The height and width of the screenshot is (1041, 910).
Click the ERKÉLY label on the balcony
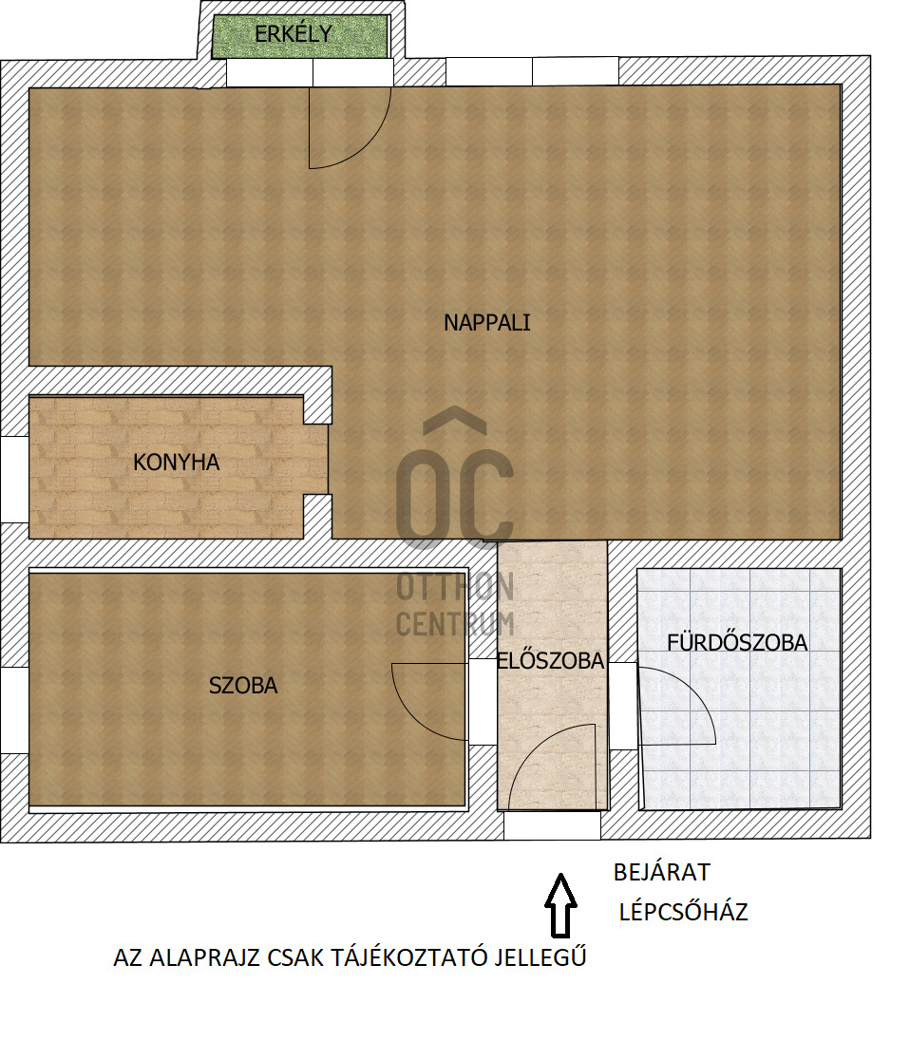coord(294,34)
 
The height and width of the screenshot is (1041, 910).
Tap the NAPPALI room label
coord(487,323)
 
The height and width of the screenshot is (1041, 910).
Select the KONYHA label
coord(176,462)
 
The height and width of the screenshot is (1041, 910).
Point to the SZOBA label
coord(243,685)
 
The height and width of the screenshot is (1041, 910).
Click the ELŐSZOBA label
coord(551,660)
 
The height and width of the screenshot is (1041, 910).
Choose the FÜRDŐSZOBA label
coord(737,643)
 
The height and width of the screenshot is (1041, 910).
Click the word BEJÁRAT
coord(662,872)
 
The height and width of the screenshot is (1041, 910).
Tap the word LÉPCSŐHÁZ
coord(684,912)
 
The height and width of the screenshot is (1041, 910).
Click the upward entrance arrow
coord(560,905)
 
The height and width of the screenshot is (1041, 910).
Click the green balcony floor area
coord(300,36)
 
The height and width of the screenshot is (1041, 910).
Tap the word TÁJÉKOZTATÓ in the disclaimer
coord(408,957)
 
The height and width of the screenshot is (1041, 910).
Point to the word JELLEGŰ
coord(540,957)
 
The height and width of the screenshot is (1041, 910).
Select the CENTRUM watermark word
coord(455,624)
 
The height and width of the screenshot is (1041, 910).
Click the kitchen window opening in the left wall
coord(14,480)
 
